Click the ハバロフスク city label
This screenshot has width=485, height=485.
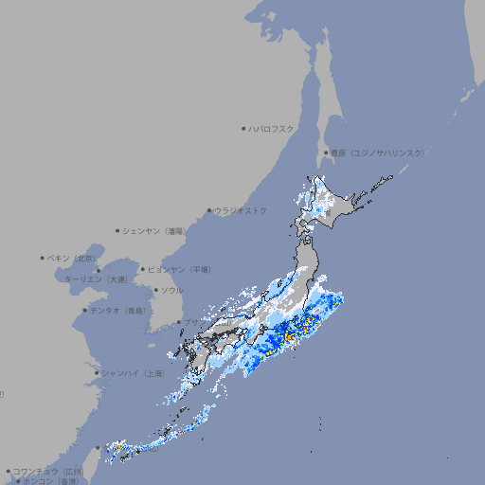273,128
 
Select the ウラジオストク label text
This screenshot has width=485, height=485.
241,210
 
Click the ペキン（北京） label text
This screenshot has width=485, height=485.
72,258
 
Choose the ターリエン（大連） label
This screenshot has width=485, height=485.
96,279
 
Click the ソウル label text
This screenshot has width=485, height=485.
171,290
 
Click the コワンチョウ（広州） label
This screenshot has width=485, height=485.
48,471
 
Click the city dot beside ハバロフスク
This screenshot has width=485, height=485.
243,128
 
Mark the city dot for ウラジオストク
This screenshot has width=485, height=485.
209,210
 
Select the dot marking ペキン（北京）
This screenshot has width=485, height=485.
43,258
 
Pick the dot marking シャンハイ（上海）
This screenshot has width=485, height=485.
97,373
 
